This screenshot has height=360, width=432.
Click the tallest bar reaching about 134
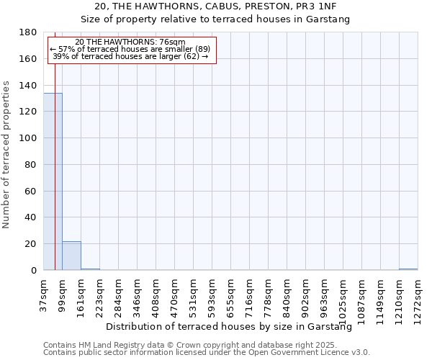(53, 181)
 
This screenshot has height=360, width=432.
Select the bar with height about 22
(71, 256)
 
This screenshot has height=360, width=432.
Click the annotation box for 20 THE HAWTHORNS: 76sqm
(130, 50)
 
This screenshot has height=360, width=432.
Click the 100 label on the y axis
(30, 138)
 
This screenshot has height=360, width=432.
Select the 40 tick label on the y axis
(32, 217)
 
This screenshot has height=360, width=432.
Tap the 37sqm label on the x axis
(43, 294)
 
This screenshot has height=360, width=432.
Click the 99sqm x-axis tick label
(62, 294)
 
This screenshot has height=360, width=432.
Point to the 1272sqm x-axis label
(418, 297)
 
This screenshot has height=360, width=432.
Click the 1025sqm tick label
(343, 297)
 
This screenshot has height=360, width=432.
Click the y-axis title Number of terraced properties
(6, 155)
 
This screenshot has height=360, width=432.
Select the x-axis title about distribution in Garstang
(234, 327)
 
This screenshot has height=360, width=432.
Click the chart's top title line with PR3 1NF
(215, 6)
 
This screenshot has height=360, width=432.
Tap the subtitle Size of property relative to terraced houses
(215, 19)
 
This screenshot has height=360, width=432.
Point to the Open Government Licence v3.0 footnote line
(207, 353)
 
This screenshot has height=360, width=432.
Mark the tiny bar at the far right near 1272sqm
(408, 269)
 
